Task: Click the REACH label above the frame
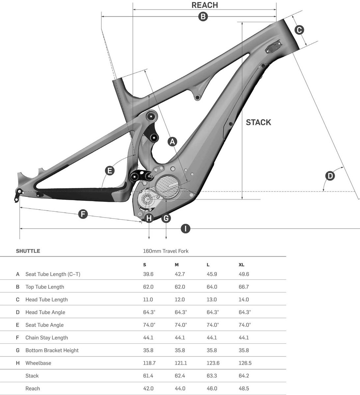205,5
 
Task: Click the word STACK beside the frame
259,122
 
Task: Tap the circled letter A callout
172,142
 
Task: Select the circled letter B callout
203,16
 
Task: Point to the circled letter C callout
299,30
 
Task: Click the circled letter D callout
330,175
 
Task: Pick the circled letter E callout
109,171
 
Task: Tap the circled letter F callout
83,214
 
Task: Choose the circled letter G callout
166,218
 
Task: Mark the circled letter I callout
186,228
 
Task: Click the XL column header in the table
241,265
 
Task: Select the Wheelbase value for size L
213,363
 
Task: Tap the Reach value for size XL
243,388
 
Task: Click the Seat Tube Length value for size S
148,274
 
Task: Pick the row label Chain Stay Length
46,338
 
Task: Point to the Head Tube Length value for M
180,300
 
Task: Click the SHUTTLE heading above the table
28,251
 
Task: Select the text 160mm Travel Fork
166,251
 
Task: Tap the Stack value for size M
180,376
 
